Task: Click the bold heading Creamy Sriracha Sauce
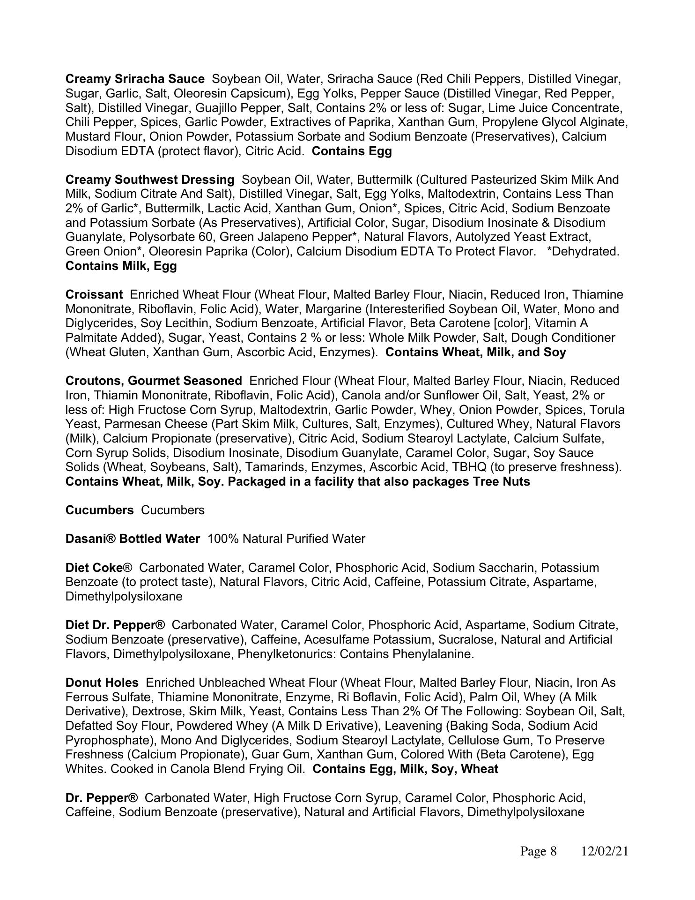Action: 135,79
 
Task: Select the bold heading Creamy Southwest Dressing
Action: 150,180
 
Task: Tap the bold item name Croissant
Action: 94,294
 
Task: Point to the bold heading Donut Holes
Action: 102,682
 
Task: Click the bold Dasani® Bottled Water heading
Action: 133,539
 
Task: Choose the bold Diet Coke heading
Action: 94,568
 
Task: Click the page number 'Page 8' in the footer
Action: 538,851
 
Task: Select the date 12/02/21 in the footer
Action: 605,851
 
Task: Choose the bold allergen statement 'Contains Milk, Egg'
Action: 121,266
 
